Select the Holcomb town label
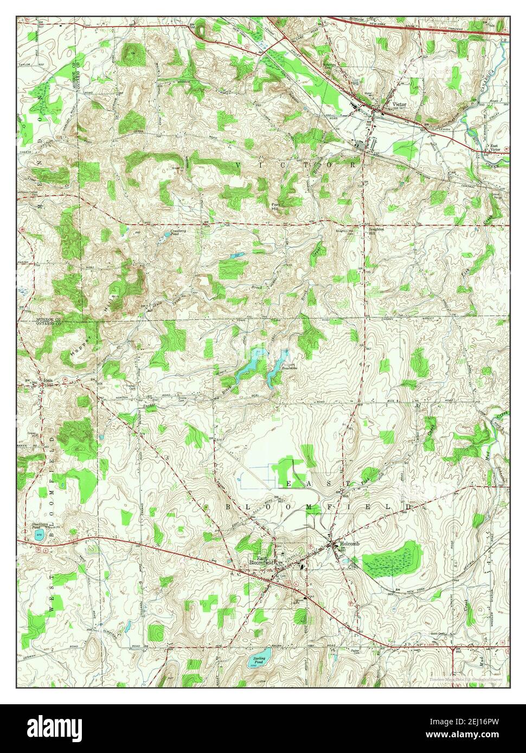349,543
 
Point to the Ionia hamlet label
49,381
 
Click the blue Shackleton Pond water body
38,535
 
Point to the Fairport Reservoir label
290,367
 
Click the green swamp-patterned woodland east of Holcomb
392,557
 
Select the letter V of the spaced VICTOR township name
239,164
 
